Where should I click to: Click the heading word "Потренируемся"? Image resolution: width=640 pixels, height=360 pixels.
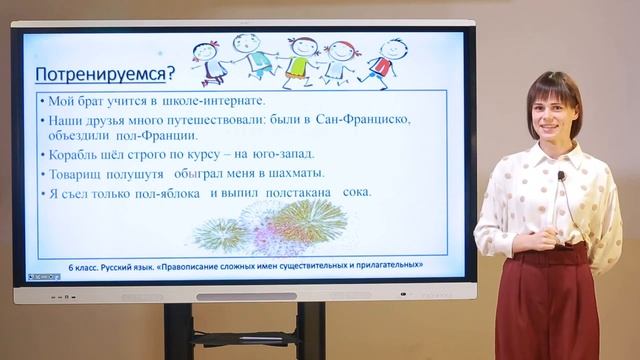point(98,74)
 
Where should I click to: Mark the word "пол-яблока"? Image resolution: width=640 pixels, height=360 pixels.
point(166,192)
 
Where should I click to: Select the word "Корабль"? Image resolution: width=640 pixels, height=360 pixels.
point(72,154)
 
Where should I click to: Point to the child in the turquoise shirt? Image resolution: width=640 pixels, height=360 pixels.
point(252,58)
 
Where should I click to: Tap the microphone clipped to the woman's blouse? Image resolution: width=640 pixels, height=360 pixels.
point(561,177)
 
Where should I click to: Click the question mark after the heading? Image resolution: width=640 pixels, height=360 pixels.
point(169,73)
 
